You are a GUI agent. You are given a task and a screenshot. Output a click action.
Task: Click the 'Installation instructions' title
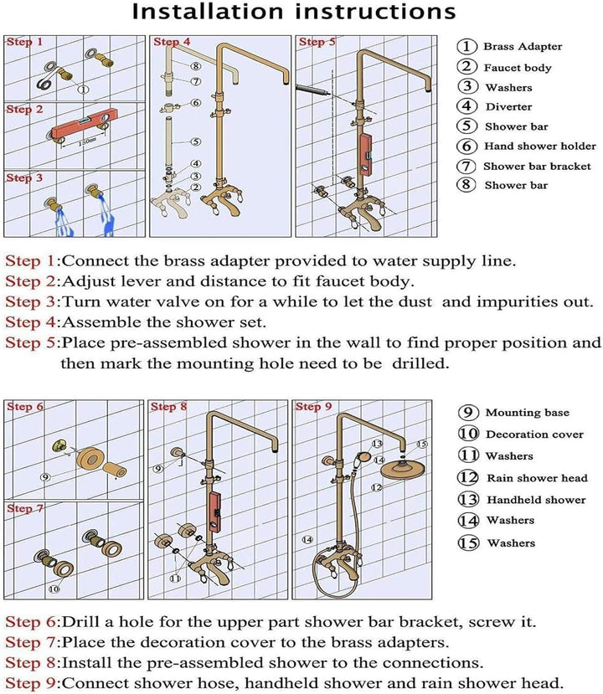click(x=294, y=12)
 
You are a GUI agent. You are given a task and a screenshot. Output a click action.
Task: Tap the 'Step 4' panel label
click(x=172, y=42)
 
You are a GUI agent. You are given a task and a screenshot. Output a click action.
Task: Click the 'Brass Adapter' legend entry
click(x=510, y=47)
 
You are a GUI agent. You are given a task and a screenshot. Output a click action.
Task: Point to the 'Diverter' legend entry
click(x=495, y=106)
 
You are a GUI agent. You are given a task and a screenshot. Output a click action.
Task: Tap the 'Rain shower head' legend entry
click(x=523, y=478)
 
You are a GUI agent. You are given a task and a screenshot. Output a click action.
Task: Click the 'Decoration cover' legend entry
click(x=521, y=434)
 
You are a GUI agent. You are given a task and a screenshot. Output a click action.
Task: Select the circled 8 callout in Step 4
click(x=196, y=66)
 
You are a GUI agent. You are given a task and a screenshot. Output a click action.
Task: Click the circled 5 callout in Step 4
click(x=196, y=141)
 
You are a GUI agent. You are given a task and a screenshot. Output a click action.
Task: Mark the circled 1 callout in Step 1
click(x=83, y=90)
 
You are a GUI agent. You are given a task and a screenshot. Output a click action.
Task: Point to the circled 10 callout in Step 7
click(x=54, y=589)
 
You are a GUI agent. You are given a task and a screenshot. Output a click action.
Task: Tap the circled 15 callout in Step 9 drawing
click(x=422, y=444)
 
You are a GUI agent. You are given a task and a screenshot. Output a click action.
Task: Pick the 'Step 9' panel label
click(x=313, y=406)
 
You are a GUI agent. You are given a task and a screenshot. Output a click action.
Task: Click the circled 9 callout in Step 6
click(x=44, y=477)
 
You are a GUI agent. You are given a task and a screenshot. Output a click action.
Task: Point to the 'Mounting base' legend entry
click(x=514, y=413)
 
